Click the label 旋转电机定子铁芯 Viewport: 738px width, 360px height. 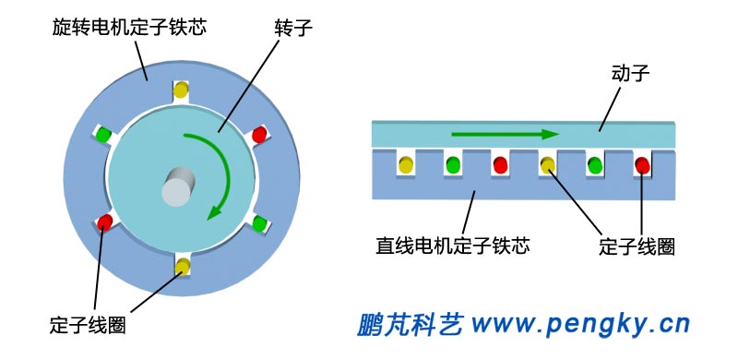point(129,26)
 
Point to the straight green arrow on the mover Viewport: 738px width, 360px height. point(505,134)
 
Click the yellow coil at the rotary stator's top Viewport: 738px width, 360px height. point(182,90)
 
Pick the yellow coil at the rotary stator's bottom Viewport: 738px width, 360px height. point(182,268)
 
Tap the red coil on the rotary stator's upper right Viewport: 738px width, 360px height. point(259,135)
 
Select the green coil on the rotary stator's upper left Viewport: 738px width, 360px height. point(104,135)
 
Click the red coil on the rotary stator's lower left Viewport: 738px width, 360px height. point(105,222)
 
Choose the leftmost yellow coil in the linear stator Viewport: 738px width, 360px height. point(406,165)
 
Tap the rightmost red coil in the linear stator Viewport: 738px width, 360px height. point(642,165)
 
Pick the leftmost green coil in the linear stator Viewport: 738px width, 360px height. point(453,165)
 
